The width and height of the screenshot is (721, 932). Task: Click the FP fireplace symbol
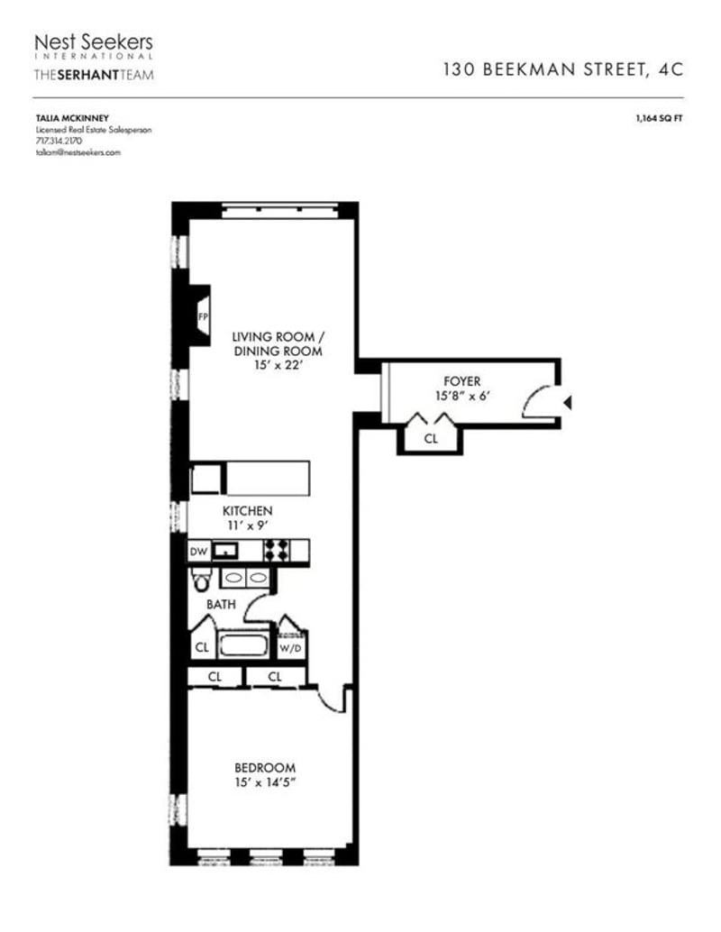coord(203,316)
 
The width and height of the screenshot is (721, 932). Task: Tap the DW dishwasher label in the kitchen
coord(197,551)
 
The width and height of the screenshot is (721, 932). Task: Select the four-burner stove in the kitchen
coord(276,551)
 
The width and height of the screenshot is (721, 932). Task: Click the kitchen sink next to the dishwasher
coord(224,551)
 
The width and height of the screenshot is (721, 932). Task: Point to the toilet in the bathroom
coord(199,580)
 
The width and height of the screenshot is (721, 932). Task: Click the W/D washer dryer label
coord(291,646)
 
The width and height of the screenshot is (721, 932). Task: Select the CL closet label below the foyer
coord(431,439)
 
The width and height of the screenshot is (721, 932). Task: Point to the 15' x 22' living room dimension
coord(278,366)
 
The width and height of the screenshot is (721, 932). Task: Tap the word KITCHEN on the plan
coord(248,511)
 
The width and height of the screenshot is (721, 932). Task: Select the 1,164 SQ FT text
coord(659,117)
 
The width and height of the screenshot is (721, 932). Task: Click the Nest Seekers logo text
coord(93,42)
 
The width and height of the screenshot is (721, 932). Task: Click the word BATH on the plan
coord(222,605)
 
